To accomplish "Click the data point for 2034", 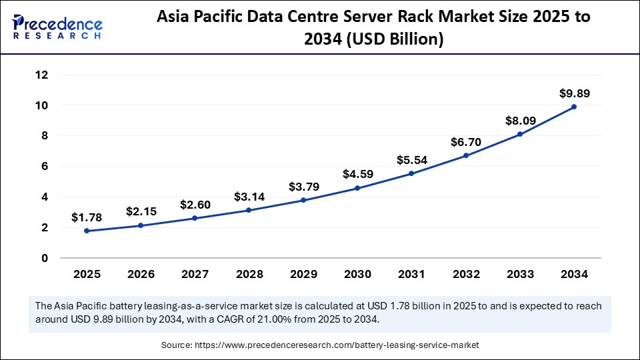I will [574, 107].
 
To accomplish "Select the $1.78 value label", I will [87, 217].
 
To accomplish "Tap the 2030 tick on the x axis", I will [357, 274].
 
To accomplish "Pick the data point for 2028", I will [249, 210].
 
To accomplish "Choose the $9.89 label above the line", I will [574, 93].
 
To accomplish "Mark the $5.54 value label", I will [411, 160].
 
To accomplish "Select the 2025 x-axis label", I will [87, 274].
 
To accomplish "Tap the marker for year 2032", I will [466, 155].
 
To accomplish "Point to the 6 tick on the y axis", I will [45, 166].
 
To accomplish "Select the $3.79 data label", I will [303, 187].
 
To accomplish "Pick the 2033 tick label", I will [520, 274].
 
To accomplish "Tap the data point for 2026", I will [141, 225].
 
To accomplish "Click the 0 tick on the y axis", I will [45, 258].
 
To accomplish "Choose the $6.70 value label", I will [466, 142].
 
